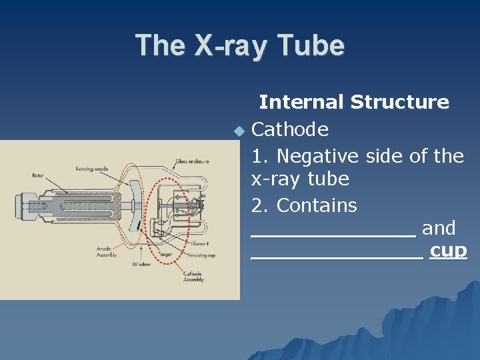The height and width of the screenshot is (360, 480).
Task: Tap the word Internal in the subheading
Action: pyautogui.click(x=301, y=102)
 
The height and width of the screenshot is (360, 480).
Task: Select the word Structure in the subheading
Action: pyautogui.click(x=400, y=102)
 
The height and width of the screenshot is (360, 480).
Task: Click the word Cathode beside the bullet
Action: pyautogui.click(x=290, y=129)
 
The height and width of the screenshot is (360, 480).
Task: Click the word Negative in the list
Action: pyautogui.click(x=318, y=156)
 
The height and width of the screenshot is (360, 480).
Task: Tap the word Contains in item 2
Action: pyautogui.click(x=317, y=205)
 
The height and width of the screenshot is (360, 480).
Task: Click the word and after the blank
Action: pyautogui.click(x=439, y=229)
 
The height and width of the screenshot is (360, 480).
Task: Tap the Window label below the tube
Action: pyautogui.click(x=141, y=264)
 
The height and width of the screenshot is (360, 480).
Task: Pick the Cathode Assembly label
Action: pyautogui.click(x=193, y=277)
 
